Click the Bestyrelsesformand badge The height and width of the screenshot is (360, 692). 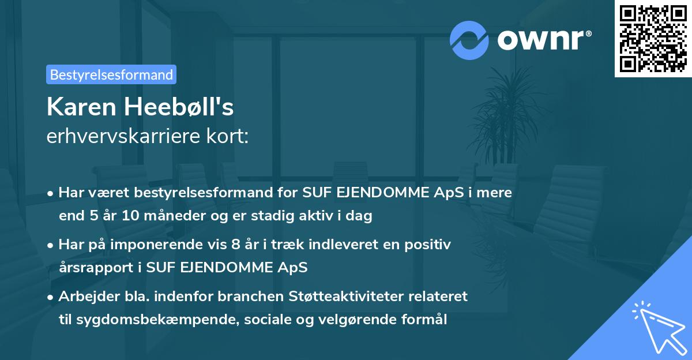[111, 74]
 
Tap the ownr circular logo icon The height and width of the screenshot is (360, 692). [469, 40]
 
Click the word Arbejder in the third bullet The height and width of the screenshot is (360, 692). [84, 297]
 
